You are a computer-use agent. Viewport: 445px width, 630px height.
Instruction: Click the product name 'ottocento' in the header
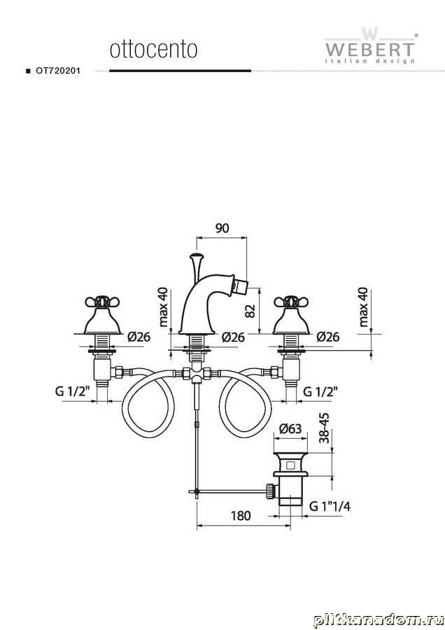coord(154,50)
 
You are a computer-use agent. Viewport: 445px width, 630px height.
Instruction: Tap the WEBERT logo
coord(369,45)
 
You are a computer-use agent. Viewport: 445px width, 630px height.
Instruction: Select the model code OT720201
coord(58,71)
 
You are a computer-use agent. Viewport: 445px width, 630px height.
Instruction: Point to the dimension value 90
coord(222,227)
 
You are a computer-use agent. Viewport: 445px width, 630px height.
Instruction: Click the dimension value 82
coord(250,311)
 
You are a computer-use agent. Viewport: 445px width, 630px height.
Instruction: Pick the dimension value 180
coord(241,515)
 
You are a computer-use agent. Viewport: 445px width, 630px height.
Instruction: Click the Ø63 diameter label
coord(290,428)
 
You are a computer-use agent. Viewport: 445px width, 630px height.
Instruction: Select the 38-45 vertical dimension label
coord(325,428)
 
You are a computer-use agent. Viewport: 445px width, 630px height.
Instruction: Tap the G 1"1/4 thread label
coord(330,506)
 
